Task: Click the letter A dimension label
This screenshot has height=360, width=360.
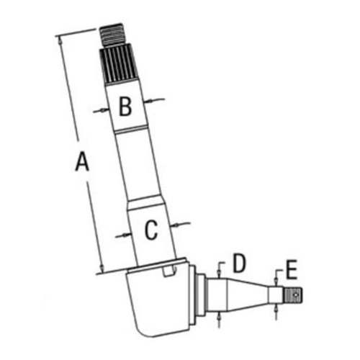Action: tap(82, 163)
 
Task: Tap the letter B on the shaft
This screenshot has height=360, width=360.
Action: tap(125, 107)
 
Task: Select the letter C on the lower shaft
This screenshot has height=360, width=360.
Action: tap(150, 231)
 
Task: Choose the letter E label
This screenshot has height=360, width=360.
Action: tap(291, 270)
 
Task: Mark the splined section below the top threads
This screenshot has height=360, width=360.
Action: tap(120, 67)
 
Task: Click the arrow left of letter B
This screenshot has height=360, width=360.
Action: tap(100, 110)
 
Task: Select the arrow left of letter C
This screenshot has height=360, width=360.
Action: tap(122, 235)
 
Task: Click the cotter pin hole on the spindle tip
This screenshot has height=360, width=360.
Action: tap(293, 293)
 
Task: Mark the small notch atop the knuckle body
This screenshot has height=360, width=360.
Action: tap(168, 271)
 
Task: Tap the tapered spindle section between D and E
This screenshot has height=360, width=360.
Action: tap(248, 292)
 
